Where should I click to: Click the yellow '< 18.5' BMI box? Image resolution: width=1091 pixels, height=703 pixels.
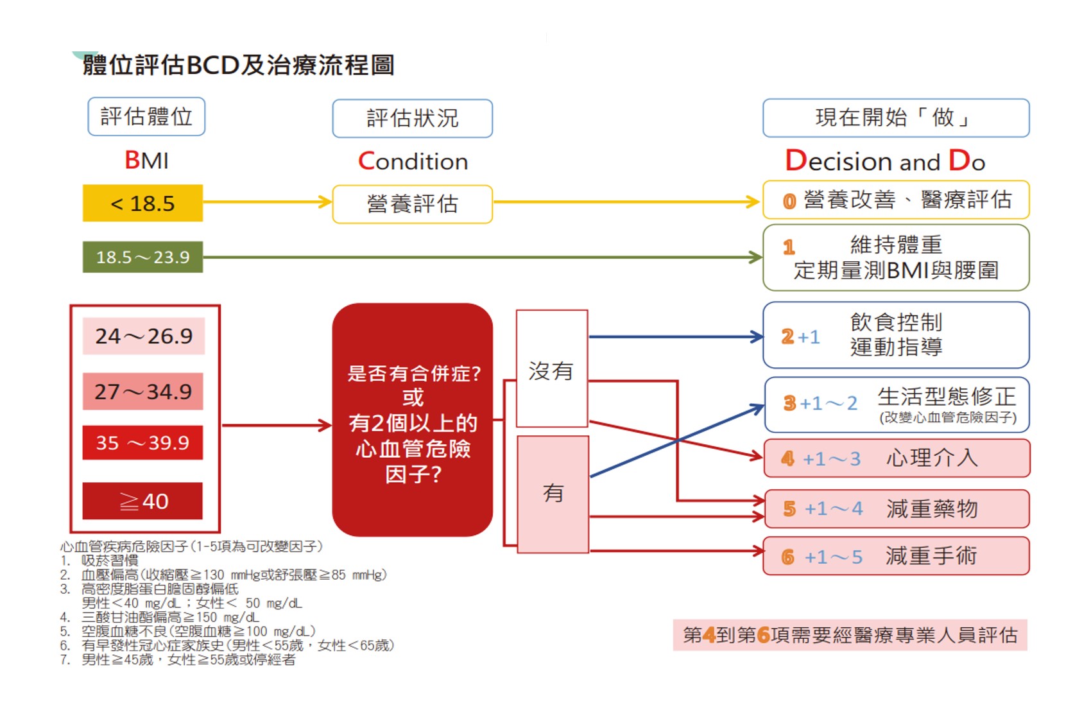click(142, 203)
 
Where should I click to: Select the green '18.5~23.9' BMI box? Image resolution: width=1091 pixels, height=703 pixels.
click(142, 257)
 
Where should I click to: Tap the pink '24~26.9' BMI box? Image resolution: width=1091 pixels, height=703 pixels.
click(143, 336)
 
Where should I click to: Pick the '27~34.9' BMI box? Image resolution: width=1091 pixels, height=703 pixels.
click(142, 391)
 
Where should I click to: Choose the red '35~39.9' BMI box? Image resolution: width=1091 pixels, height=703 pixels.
click(142, 442)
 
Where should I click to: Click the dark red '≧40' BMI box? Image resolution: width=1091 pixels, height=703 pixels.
click(142, 501)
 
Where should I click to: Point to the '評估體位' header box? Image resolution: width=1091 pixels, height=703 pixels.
click(146, 116)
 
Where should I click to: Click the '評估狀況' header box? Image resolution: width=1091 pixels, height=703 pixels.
click(412, 118)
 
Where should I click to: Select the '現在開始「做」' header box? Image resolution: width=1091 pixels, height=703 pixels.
click(895, 117)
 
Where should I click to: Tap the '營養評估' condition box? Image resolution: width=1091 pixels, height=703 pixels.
click(412, 204)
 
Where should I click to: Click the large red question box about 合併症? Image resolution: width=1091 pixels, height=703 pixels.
click(412, 421)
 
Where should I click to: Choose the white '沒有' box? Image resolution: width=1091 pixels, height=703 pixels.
click(551, 369)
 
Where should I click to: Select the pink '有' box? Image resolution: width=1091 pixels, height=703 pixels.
click(553, 493)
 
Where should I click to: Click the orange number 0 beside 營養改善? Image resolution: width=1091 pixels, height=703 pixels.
click(789, 202)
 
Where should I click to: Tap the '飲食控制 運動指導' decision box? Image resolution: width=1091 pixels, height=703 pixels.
click(895, 335)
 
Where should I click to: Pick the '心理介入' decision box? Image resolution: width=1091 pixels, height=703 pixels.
click(896, 458)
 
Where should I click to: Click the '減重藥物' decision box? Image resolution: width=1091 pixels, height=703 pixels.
click(896, 509)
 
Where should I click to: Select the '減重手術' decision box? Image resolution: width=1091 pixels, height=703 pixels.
click(896, 556)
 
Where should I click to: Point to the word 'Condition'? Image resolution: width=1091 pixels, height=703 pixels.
click(413, 161)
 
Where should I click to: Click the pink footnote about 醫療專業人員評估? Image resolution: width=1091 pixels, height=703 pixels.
click(850, 635)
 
